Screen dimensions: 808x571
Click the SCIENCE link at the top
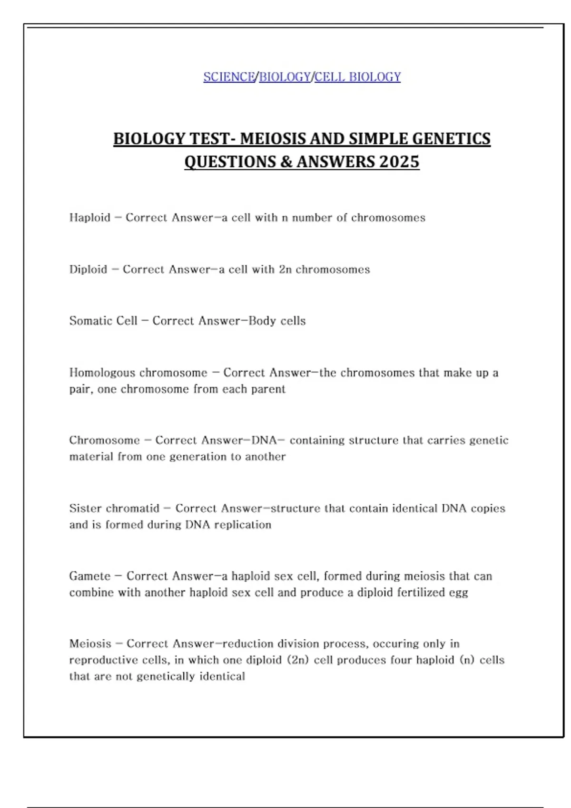pos(229,77)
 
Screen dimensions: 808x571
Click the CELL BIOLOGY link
pos(357,77)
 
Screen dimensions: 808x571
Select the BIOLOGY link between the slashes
pos(285,77)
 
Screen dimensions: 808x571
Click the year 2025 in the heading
pos(399,162)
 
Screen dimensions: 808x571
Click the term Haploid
pos(89,218)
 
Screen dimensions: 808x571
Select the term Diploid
pos(88,269)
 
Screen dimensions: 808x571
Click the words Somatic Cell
pos(103,321)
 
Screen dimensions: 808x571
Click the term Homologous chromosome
pos(138,373)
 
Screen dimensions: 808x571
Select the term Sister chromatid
pos(114,509)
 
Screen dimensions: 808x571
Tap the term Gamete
pos(89,576)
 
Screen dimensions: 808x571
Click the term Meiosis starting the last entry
pos(90,644)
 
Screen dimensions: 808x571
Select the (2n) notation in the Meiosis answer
pos(298,660)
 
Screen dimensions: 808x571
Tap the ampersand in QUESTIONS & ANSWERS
pos(286,162)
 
